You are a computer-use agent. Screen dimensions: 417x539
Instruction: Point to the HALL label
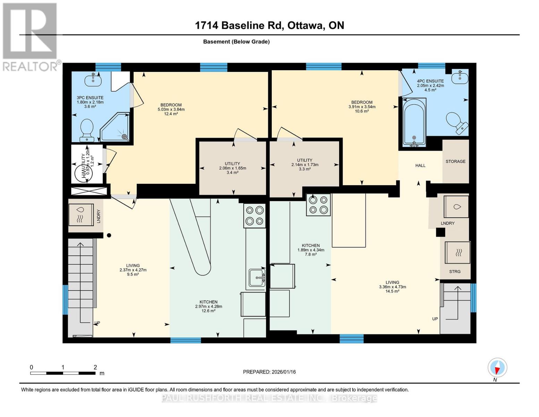click(420, 165)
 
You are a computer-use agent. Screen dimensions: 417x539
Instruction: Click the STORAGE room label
click(455, 161)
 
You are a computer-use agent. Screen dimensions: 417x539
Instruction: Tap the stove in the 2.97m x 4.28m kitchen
click(254, 215)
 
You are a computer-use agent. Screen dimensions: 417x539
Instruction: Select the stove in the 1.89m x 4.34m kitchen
click(318, 205)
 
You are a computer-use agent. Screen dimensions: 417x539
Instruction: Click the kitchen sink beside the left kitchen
click(257, 278)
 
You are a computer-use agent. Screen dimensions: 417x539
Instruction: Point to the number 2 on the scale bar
click(95, 367)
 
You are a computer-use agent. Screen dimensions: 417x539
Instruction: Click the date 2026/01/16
click(284, 372)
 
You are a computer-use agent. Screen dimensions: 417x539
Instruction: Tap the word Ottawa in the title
click(304, 25)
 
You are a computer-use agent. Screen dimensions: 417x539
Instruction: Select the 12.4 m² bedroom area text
click(171, 114)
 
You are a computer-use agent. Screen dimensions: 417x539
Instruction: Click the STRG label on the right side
click(455, 271)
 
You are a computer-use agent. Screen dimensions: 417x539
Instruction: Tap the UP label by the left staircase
click(97, 323)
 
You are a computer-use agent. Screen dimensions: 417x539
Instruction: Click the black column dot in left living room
click(109, 235)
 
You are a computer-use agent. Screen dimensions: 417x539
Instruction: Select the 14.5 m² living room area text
click(392, 291)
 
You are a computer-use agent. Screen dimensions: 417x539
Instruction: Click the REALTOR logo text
click(31, 66)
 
